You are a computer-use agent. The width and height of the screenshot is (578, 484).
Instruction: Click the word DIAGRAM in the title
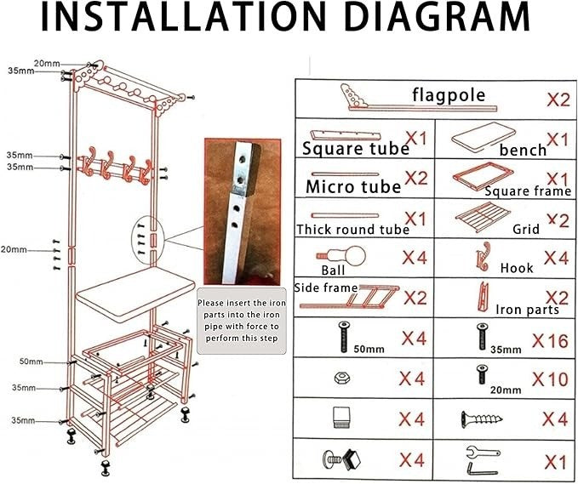coord(438,17)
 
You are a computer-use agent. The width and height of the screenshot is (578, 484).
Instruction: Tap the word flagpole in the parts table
coord(449,95)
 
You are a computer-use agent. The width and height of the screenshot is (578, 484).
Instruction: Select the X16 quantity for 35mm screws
coord(550,341)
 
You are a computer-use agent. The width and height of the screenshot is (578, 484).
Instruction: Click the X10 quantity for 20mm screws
coord(550,379)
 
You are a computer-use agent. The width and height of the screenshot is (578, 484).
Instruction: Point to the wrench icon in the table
coord(483,453)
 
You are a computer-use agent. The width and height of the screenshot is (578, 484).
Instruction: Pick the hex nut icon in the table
coord(341,379)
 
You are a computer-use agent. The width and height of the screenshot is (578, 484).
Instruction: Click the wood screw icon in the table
coord(482,419)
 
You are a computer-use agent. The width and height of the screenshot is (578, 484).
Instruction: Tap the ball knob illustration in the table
coord(341,256)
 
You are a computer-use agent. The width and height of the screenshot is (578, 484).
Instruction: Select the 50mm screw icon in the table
coord(344,337)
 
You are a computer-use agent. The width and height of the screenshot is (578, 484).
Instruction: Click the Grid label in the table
coord(526,229)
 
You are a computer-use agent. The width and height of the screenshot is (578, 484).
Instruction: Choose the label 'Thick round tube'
coord(352,230)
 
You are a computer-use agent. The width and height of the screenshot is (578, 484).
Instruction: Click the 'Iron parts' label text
coord(527,310)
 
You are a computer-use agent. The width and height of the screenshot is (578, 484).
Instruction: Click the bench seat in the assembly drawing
coord(134,292)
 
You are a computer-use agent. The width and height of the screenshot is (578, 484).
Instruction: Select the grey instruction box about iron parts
coord(242,321)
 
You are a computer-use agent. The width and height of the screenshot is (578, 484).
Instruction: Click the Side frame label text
coord(326,288)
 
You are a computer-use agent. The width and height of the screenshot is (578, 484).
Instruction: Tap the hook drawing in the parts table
coord(484,256)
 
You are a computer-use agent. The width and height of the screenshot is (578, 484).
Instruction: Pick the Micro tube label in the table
coord(353,187)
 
